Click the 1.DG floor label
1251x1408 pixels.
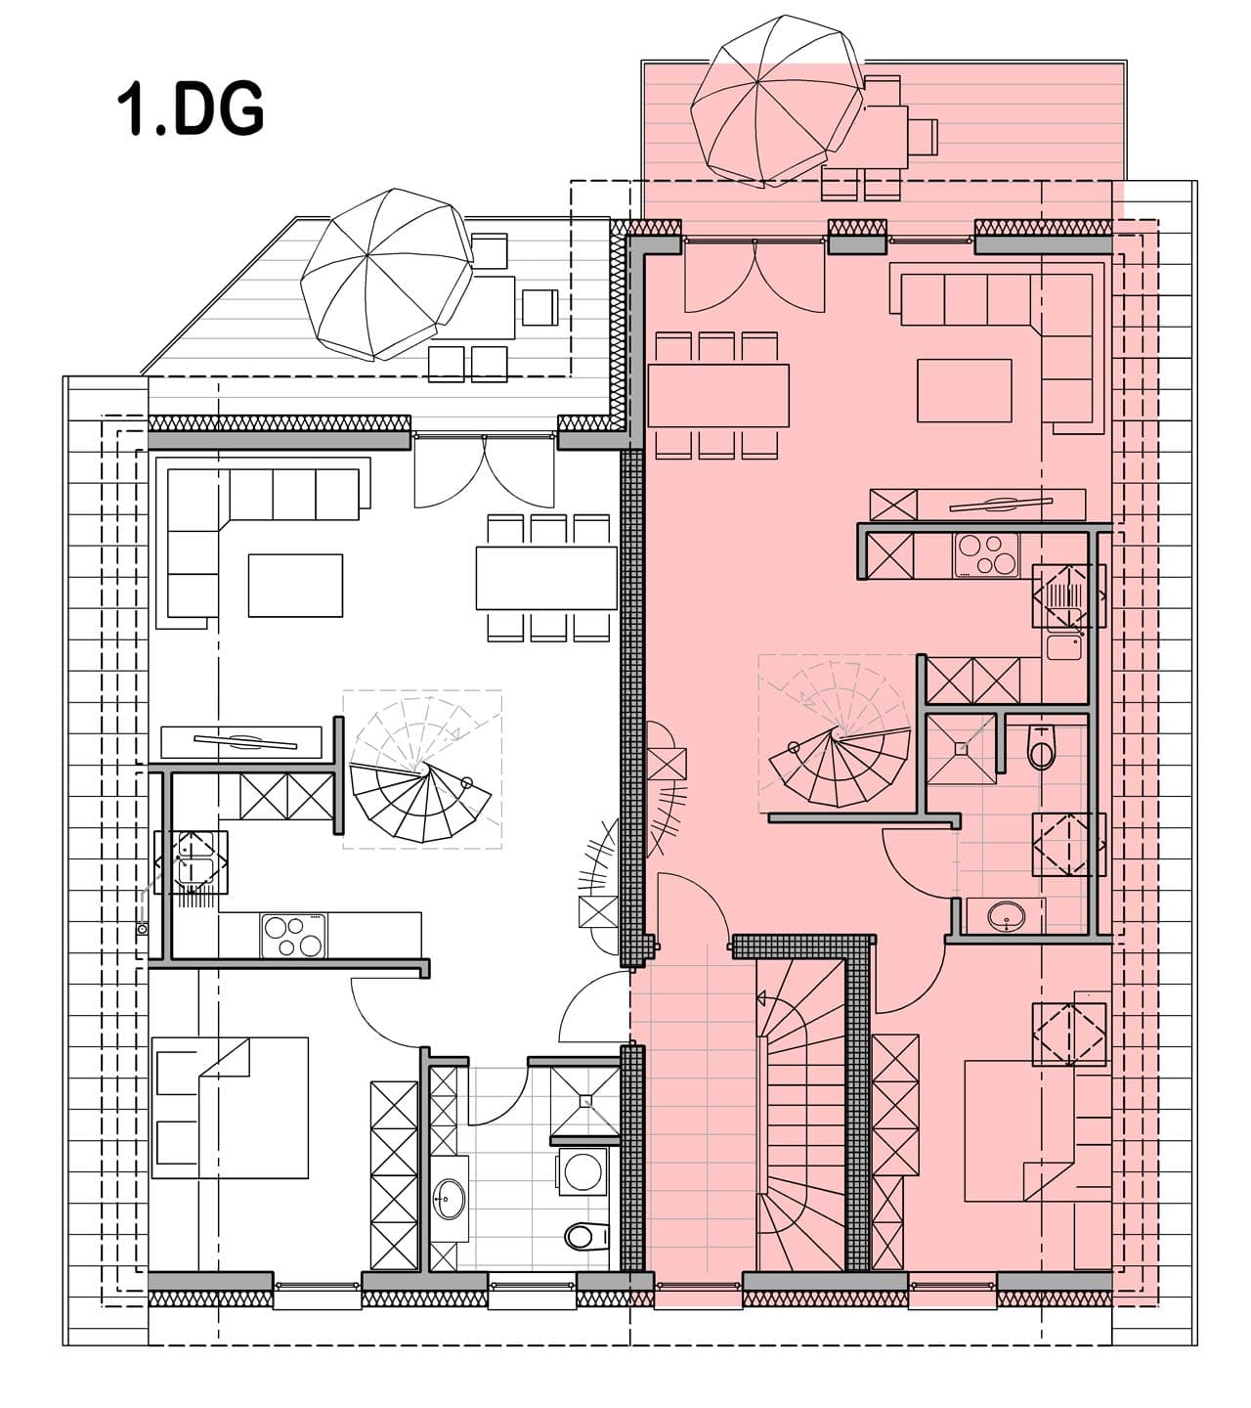click(x=191, y=109)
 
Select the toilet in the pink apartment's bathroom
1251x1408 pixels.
click(x=1041, y=748)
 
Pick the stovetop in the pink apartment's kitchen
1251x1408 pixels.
click(x=986, y=554)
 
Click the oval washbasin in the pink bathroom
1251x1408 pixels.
click(x=1005, y=915)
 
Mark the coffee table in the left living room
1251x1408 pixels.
click(x=295, y=585)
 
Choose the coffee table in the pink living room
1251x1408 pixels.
click(x=964, y=390)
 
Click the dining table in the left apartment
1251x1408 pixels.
click(x=546, y=578)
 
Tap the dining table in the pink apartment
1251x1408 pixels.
click(x=718, y=395)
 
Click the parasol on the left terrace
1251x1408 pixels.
click(x=387, y=274)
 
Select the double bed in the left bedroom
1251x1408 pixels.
click(x=230, y=1108)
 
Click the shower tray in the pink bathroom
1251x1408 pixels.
click(x=961, y=748)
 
